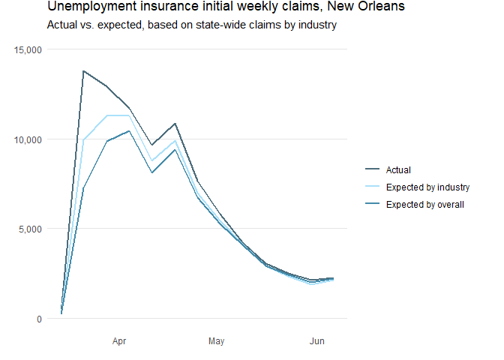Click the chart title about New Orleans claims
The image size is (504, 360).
click(x=226, y=7)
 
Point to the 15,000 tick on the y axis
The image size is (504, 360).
click(x=28, y=49)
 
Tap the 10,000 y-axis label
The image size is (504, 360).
click(x=28, y=139)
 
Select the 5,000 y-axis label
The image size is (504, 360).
click(x=31, y=229)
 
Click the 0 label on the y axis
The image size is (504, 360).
click(x=39, y=319)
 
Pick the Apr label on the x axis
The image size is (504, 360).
click(x=118, y=342)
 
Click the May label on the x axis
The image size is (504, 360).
click(x=216, y=342)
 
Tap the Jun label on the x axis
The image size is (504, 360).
click(x=317, y=342)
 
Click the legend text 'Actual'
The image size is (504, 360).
click(x=398, y=170)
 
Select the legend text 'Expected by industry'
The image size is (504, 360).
click(x=427, y=187)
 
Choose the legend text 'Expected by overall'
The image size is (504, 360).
click(x=425, y=205)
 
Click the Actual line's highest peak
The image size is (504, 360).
click(x=83, y=71)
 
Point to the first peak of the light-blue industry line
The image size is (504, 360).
click(x=107, y=115)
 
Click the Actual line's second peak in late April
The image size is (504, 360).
click(x=175, y=123)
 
